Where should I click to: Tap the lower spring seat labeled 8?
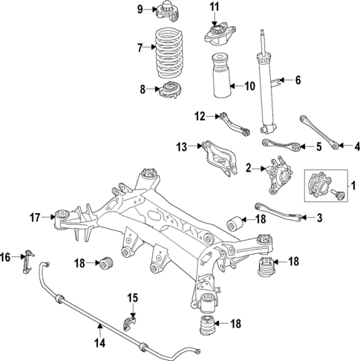click(x=171, y=91)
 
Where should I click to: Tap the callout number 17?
click(x=34, y=218)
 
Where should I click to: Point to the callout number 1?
click(x=353, y=185)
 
